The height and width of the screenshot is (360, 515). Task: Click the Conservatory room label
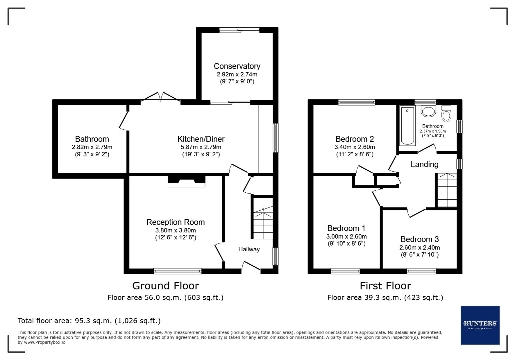pos(237,66)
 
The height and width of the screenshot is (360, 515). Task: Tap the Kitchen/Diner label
pos(201,139)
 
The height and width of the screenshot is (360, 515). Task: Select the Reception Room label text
pos(175,222)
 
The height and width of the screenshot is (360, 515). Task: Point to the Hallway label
pos(249,249)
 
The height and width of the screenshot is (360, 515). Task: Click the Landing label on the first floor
pos(424,164)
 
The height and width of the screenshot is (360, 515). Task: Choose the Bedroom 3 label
pos(420,239)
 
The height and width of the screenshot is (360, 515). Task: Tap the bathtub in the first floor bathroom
pos(407,125)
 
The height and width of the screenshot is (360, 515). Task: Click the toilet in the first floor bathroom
pos(446,114)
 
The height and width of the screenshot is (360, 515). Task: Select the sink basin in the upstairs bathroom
pos(428,111)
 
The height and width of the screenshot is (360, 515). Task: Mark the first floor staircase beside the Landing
pos(447,190)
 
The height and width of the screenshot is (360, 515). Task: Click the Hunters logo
pos(480,325)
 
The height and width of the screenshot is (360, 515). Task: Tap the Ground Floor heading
pos(165,286)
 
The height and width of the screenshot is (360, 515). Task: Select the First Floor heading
pos(385,286)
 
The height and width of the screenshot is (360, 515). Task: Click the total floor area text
pos(89,321)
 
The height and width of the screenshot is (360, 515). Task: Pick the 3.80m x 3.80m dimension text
pos(175,230)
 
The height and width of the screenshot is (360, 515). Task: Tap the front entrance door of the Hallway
pos(251,267)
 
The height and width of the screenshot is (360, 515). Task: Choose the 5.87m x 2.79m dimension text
pos(201,147)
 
